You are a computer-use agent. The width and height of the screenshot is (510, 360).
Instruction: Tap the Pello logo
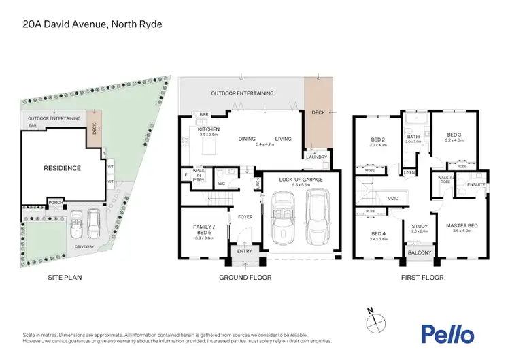tap(447, 333)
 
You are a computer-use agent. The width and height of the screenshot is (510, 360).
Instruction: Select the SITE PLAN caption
tap(65, 278)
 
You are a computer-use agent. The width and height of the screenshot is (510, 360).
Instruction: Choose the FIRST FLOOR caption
tap(422, 278)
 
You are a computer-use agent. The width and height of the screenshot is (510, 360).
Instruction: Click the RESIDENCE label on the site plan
tap(63, 168)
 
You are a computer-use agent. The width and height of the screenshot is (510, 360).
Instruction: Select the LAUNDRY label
tap(316, 157)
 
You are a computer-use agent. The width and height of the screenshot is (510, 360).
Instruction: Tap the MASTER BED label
tap(462, 225)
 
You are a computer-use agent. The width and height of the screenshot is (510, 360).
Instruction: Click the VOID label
tap(392, 199)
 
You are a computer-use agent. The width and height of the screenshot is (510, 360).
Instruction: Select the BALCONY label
tap(420, 253)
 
